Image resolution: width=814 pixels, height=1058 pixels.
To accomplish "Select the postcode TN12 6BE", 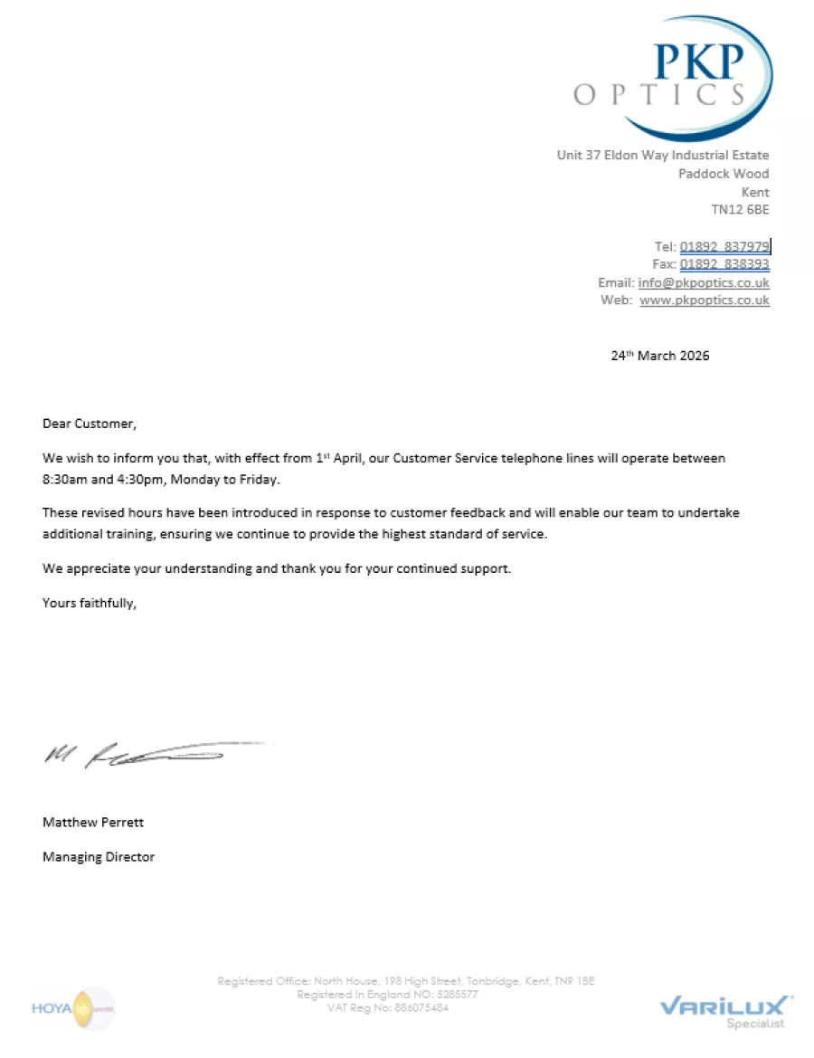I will point(740,210).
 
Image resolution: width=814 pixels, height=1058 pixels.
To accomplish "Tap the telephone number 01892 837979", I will point(724,246).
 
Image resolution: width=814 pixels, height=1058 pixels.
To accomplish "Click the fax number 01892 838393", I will point(724,264).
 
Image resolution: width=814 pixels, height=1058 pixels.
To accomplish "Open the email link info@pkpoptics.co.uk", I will point(704,282).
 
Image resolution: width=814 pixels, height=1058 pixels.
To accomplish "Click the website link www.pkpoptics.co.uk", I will point(705,300).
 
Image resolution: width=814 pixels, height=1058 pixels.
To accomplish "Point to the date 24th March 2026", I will point(660,356).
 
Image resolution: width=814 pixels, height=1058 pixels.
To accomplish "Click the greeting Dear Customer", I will point(89,424).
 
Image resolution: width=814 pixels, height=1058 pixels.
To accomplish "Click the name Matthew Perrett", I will point(93,823).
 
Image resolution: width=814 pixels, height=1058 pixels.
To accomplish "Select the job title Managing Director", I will point(99,857).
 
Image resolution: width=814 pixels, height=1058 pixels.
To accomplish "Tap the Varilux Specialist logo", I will point(726,1010).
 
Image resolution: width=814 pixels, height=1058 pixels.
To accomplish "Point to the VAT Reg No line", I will point(387,1008).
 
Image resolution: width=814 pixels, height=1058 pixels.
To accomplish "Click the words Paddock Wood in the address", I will point(724,174).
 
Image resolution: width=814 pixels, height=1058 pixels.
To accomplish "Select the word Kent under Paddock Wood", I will point(755,192).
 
